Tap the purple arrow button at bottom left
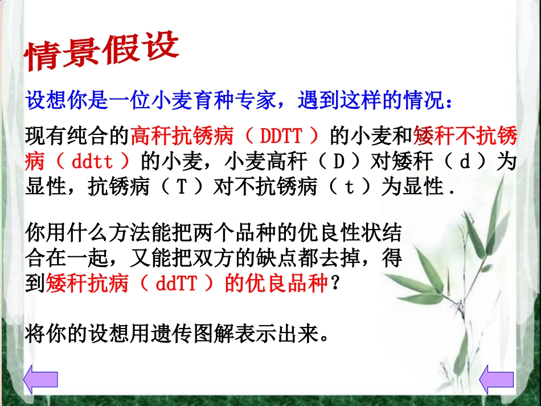40,379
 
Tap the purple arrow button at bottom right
497,379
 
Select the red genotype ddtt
93,162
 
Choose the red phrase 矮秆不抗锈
464,137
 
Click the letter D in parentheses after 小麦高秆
339,162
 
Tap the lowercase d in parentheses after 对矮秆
464,162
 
